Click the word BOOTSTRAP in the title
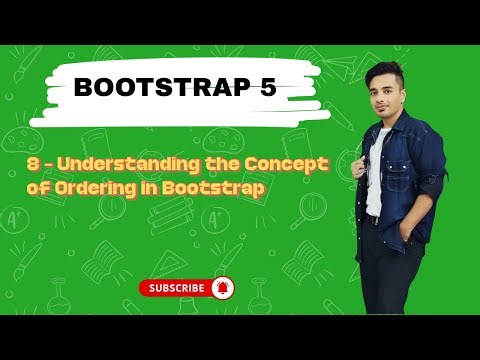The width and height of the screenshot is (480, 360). click(160, 88)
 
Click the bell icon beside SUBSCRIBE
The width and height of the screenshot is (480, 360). click(222, 287)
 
